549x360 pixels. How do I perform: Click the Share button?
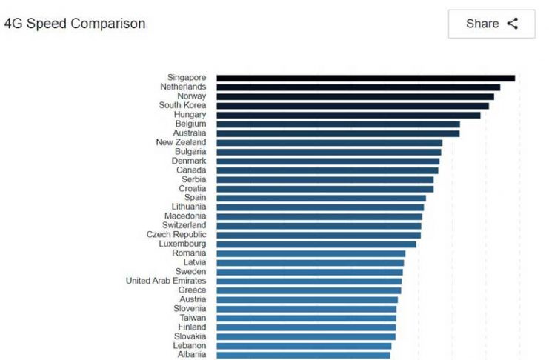(491, 24)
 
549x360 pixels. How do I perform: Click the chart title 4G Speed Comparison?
(75, 24)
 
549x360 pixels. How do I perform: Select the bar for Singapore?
(365, 78)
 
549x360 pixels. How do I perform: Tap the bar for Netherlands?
(358, 87)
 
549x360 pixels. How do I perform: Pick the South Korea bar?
(352, 106)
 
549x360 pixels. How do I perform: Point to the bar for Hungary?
(348, 115)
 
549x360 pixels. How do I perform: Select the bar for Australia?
(338, 133)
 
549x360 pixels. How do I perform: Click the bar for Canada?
(327, 170)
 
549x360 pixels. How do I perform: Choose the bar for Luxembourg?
(316, 244)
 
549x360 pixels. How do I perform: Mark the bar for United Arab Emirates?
(309, 281)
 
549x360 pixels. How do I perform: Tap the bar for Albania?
(303, 355)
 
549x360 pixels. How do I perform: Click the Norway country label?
(191, 96)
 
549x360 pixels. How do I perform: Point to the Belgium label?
(190, 124)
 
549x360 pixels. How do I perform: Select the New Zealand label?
(181, 142)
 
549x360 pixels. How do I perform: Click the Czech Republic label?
(176, 235)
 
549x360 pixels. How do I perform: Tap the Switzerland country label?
(184, 225)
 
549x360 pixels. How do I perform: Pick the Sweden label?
(190, 272)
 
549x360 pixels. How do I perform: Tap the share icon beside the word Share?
(512, 24)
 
